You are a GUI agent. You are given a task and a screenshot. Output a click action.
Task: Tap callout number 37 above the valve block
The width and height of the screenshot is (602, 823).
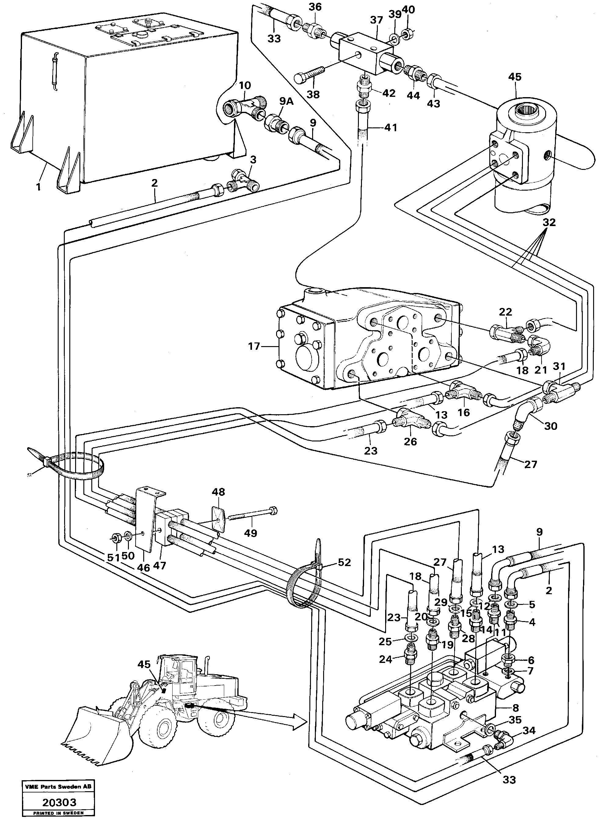pos(376,20)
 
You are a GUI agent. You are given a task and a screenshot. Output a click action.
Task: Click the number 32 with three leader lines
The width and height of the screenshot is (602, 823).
pos(549,222)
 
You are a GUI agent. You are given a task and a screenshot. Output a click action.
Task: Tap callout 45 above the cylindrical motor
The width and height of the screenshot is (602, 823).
pos(515,77)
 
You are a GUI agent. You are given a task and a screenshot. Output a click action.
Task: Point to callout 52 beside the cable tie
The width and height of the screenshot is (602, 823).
pos(344,562)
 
